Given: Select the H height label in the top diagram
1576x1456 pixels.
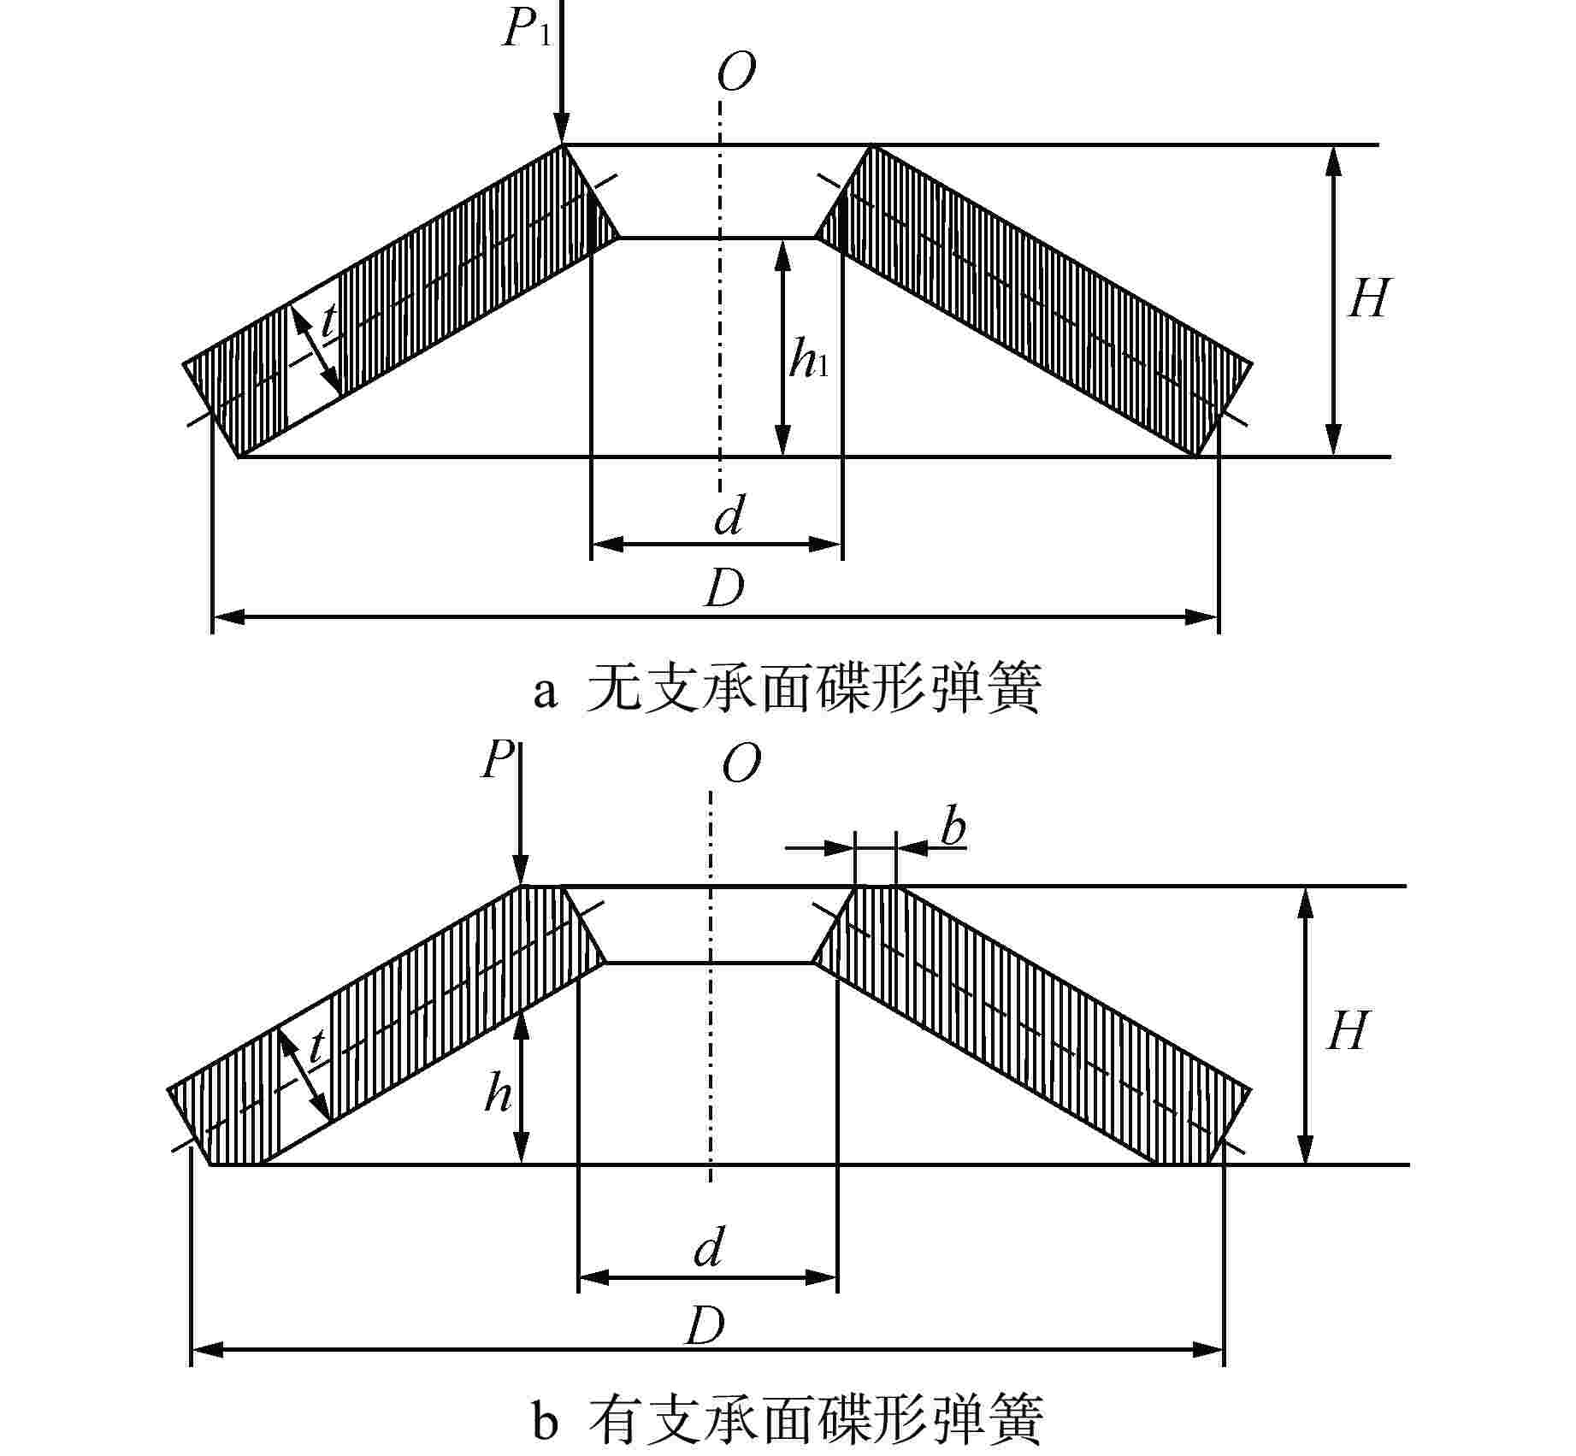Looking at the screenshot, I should coord(1368,299).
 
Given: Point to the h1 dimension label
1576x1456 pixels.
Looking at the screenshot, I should coord(808,359).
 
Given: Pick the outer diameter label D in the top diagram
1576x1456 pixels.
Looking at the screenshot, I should coord(724,588).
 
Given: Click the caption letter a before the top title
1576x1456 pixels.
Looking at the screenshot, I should coord(545,692).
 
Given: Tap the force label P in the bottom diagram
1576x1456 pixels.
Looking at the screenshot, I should coord(498,759).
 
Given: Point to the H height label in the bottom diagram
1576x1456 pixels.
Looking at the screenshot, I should coord(1348,1031).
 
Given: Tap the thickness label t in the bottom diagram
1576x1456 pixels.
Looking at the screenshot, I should coord(317,1045).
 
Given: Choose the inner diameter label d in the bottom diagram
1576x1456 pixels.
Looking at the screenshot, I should coord(709,1249).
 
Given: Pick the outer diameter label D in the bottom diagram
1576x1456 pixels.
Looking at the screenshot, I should coord(705,1326).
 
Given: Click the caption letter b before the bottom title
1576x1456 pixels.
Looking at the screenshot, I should coord(545,1421).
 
